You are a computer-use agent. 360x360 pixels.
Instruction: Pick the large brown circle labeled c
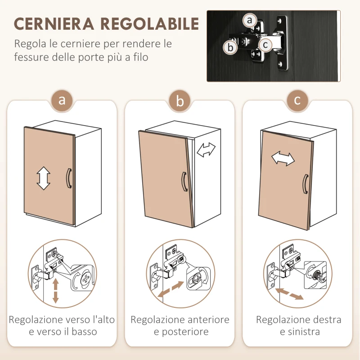[x=297, y=100]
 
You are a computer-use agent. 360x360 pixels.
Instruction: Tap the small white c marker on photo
[x=265, y=45]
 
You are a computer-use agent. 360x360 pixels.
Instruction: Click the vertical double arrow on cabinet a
[x=43, y=178]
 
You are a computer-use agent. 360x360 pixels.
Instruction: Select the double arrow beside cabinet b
[x=207, y=149]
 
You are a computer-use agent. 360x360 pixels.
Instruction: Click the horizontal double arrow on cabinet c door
[x=283, y=158]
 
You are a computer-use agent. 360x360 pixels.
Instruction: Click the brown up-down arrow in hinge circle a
[x=56, y=290]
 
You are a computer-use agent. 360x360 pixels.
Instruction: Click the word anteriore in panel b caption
[x=205, y=320]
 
